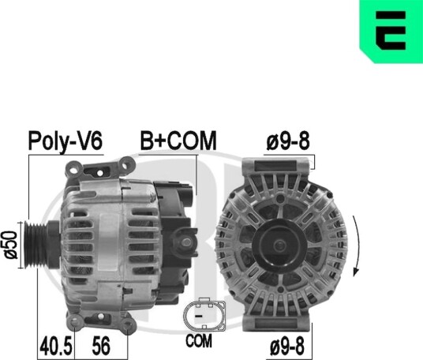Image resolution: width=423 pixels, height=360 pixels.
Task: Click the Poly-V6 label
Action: pyautogui.click(x=66, y=141)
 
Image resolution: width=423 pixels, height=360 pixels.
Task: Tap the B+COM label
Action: pyautogui.click(x=178, y=141)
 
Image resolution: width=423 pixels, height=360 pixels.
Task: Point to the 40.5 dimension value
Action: pyautogui.click(x=56, y=346)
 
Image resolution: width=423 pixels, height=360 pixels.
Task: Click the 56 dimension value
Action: pyautogui.click(x=101, y=346)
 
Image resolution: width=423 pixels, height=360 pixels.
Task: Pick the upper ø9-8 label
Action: pyautogui.click(x=288, y=141)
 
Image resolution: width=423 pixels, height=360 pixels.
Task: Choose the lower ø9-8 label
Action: pyautogui.click(x=287, y=346)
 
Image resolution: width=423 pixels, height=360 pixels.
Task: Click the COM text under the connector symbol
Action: pyautogui.click(x=199, y=341)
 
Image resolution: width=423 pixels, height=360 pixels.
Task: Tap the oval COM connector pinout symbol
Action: pyautogui.click(x=204, y=314)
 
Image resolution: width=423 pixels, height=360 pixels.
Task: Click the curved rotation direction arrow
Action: pyautogui.click(x=358, y=246)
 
